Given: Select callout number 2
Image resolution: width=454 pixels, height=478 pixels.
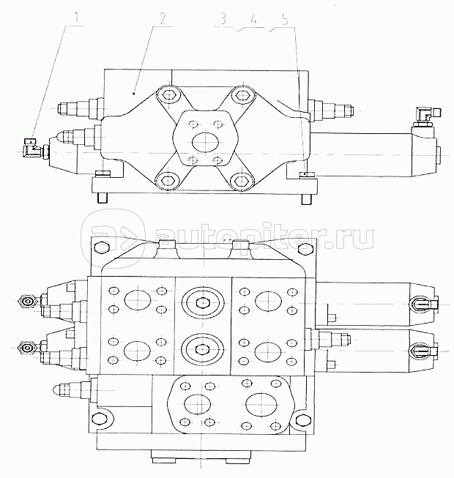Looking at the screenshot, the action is (x=163, y=18).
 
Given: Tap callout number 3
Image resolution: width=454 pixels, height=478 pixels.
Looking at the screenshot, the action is (x=223, y=19).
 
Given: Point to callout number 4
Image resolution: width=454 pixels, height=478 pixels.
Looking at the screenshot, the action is (x=253, y=20).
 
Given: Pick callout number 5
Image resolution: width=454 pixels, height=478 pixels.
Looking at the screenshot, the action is (x=285, y=20).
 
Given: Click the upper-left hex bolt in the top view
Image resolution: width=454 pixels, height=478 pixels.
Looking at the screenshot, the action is (x=168, y=95).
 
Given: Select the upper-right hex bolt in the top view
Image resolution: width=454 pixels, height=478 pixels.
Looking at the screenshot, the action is (x=242, y=95).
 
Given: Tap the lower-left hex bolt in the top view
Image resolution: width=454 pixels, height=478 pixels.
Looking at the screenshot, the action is (x=168, y=182).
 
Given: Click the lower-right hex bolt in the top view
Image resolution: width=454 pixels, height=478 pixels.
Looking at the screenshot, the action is (x=242, y=182).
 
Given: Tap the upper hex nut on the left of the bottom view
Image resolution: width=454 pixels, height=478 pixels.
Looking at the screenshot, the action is (x=28, y=302).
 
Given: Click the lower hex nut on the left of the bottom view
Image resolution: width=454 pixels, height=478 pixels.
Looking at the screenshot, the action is (x=28, y=348).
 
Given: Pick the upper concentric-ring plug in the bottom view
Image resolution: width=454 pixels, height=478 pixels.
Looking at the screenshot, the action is (x=202, y=303).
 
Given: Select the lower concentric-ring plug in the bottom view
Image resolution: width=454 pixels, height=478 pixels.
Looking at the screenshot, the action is (x=202, y=349).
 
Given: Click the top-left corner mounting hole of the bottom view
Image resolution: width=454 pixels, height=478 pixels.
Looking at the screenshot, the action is (x=102, y=247).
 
